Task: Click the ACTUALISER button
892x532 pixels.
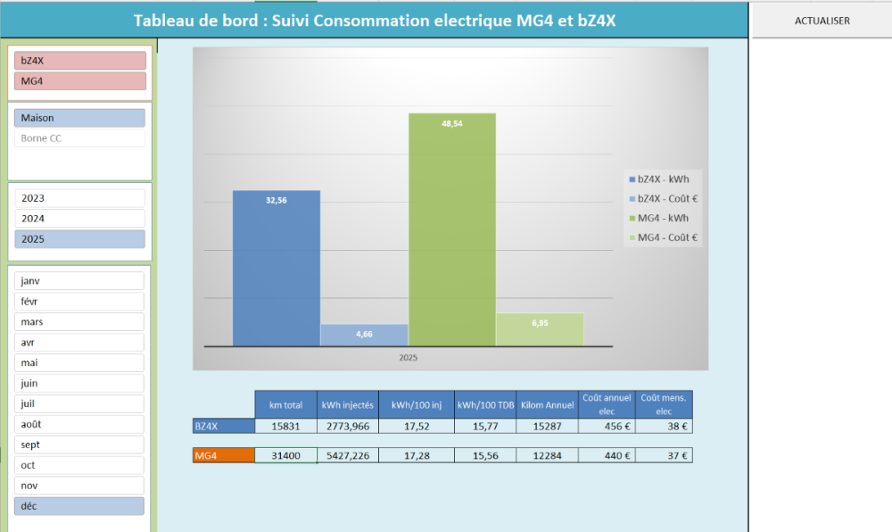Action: pyautogui.click(x=822, y=21)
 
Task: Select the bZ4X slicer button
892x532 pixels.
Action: pyautogui.click(x=79, y=61)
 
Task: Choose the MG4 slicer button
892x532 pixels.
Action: pyautogui.click(x=79, y=81)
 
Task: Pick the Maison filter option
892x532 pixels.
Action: pyautogui.click(x=79, y=118)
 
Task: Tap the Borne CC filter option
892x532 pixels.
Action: pyautogui.click(x=79, y=138)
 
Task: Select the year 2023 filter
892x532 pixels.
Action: pyautogui.click(x=79, y=198)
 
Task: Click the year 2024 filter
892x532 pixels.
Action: pyautogui.click(x=79, y=219)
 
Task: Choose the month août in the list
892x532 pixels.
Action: pyautogui.click(x=79, y=425)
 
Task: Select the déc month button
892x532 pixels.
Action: pyautogui.click(x=79, y=506)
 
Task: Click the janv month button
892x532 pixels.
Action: pyautogui.click(x=79, y=281)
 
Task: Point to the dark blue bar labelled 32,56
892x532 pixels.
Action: pyautogui.click(x=277, y=268)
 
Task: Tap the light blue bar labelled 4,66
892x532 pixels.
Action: pyautogui.click(x=364, y=335)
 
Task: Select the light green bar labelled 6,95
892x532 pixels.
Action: pyautogui.click(x=540, y=329)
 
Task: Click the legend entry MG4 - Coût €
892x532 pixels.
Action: pyautogui.click(x=664, y=238)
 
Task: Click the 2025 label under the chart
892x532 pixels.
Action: pyautogui.click(x=409, y=357)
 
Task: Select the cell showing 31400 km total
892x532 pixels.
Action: pyautogui.click(x=285, y=455)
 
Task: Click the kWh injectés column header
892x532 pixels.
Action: pyautogui.click(x=348, y=404)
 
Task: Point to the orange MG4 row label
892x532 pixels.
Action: pyautogui.click(x=224, y=455)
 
